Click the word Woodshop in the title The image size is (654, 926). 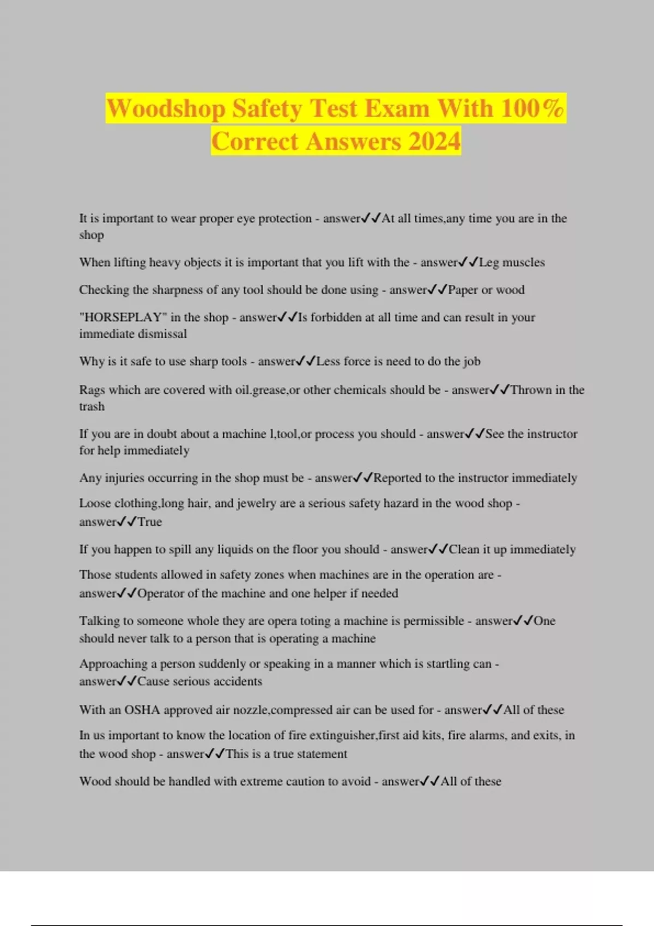point(166,109)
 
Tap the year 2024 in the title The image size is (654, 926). point(434,142)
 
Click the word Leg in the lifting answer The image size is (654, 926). point(489,263)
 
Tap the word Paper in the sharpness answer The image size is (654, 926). point(463,290)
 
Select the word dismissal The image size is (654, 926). point(161,334)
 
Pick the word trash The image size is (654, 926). point(92,407)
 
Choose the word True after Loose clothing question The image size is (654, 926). point(150,522)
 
